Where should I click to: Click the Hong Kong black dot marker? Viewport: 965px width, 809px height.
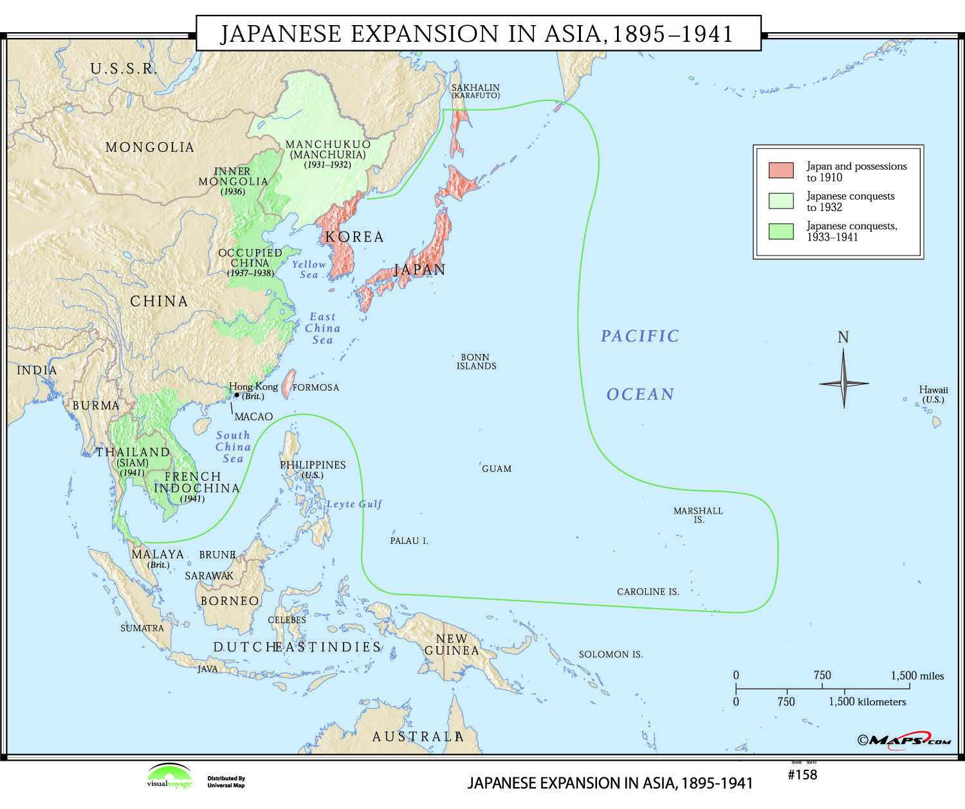coord(237,395)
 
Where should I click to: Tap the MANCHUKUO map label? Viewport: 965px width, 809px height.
coord(328,144)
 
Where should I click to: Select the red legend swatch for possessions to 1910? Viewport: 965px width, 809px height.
coord(780,171)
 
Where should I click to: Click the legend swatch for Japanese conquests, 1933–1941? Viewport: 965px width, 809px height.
coord(780,231)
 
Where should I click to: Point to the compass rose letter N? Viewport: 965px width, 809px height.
coord(843,337)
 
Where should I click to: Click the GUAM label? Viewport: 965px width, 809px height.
coord(497,469)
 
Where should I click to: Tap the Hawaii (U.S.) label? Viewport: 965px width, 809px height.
coord(933,394)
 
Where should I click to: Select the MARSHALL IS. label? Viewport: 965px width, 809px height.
coord(698,515)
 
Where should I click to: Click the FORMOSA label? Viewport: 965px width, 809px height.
coord(315,387)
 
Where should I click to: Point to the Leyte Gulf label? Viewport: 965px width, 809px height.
coord(354,504)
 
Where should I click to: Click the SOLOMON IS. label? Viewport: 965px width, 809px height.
coord(611,654)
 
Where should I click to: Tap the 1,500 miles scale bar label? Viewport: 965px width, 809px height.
coord(917,676)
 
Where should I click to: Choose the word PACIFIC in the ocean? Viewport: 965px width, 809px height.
coord(639,336)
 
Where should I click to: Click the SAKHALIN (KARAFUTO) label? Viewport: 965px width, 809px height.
coord(475,91)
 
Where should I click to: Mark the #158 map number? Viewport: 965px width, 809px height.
coord(802,775)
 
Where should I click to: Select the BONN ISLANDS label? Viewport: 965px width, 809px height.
coord(476,361)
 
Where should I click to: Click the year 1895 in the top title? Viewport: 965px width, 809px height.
coord(637,33)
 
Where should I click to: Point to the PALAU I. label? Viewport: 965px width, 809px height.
coord(409,541)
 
